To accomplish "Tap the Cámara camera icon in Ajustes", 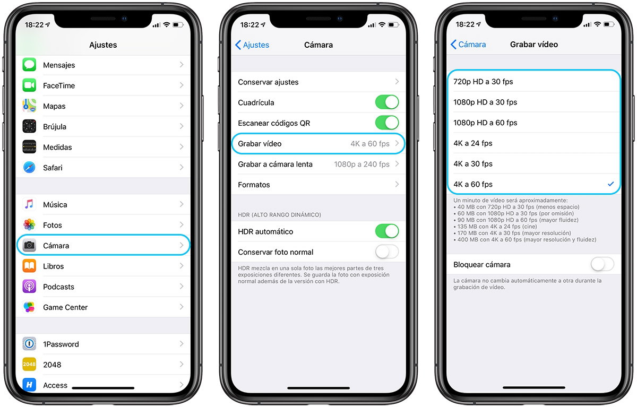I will (x=29, y=246).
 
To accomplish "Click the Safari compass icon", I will (x=29, y=168).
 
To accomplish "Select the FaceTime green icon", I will (x=29, y=85).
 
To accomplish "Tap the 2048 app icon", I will (x=29, y=365).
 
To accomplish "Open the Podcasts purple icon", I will (x=29, y=287).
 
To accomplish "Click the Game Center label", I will (x=65, y=307).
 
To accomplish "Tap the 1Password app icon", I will (x=29, y=344).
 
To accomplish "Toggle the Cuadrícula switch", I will (x=386, y=102).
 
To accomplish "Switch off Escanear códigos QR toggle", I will (x=386, y=123).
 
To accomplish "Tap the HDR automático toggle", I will (x=386, y=231).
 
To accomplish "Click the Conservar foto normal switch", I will (x=386, y=252).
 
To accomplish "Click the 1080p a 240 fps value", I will (x=361, y=164).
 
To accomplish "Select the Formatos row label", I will (x=254, y=185).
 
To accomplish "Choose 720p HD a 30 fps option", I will (x=483, y=82).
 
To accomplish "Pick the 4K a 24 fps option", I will (x=472, y=143).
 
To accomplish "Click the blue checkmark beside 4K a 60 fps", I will (x=610, y=184).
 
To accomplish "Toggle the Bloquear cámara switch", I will (x=602, y=264).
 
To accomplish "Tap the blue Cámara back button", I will (x=468, y=45).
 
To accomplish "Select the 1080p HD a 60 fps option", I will (x=485, y=123).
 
